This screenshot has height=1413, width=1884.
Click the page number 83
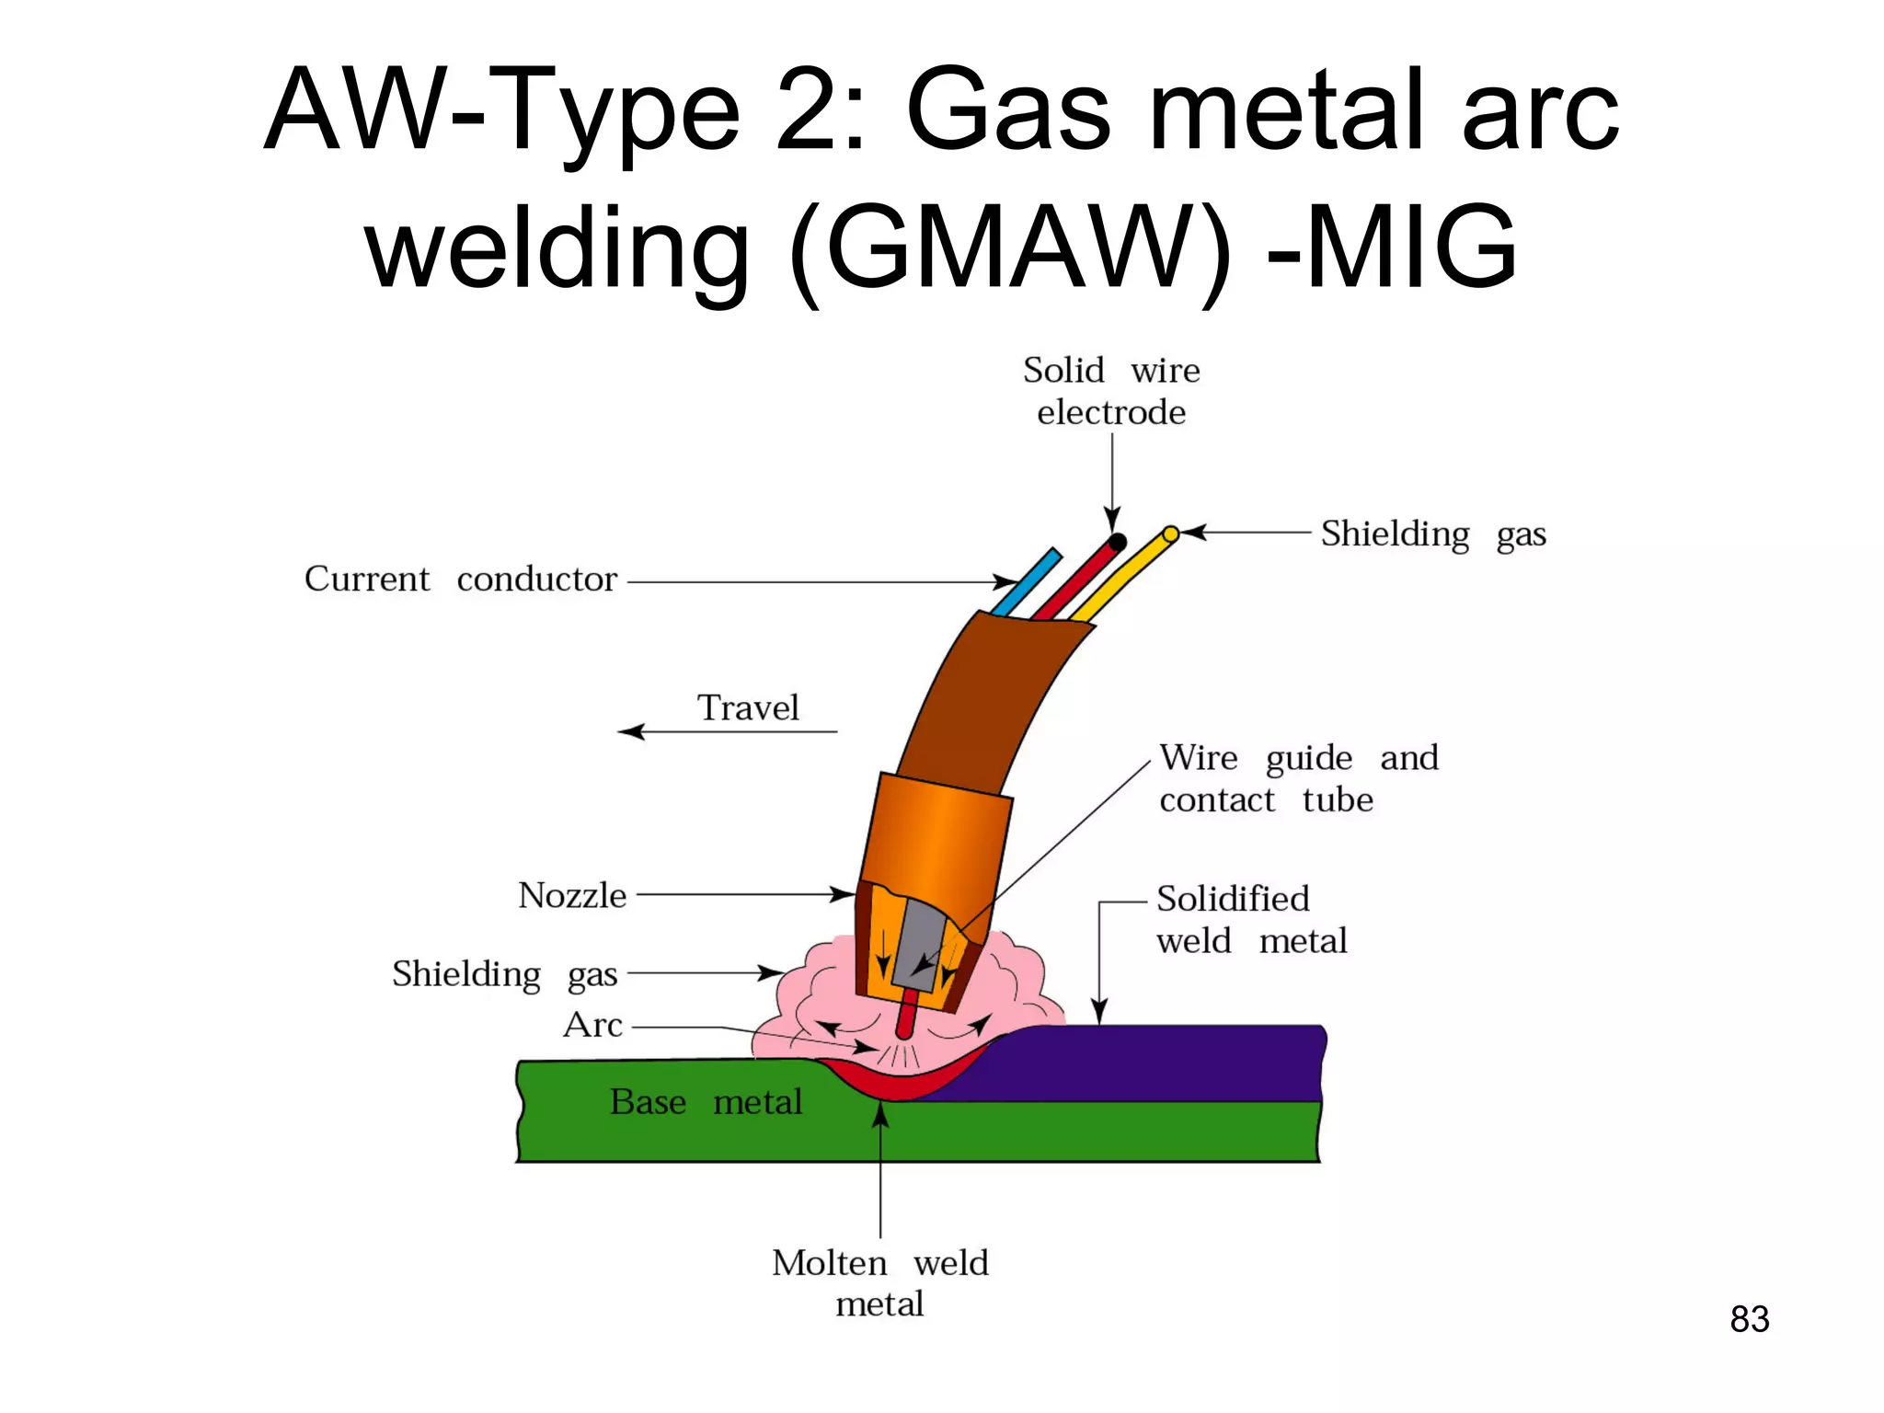pos(1749,1319)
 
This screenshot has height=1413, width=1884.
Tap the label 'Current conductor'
pos(460,580)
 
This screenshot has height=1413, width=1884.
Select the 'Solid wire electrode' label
pos(1111,392)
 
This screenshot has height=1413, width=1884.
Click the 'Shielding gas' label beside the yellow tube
pos(1432,534)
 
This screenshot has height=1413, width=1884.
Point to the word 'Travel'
pos(748,708)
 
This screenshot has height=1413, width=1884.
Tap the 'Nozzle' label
pos(572,896)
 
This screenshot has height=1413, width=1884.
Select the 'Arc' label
pos(592,1025)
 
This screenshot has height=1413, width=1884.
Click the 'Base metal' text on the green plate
pos(706,1102)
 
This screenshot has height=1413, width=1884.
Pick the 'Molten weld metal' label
pos(879,1283)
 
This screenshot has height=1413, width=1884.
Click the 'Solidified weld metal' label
pos(1250,920)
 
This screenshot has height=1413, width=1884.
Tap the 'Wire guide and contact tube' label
pos(1297,779)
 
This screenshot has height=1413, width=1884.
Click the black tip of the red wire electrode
pos(1117,543)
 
